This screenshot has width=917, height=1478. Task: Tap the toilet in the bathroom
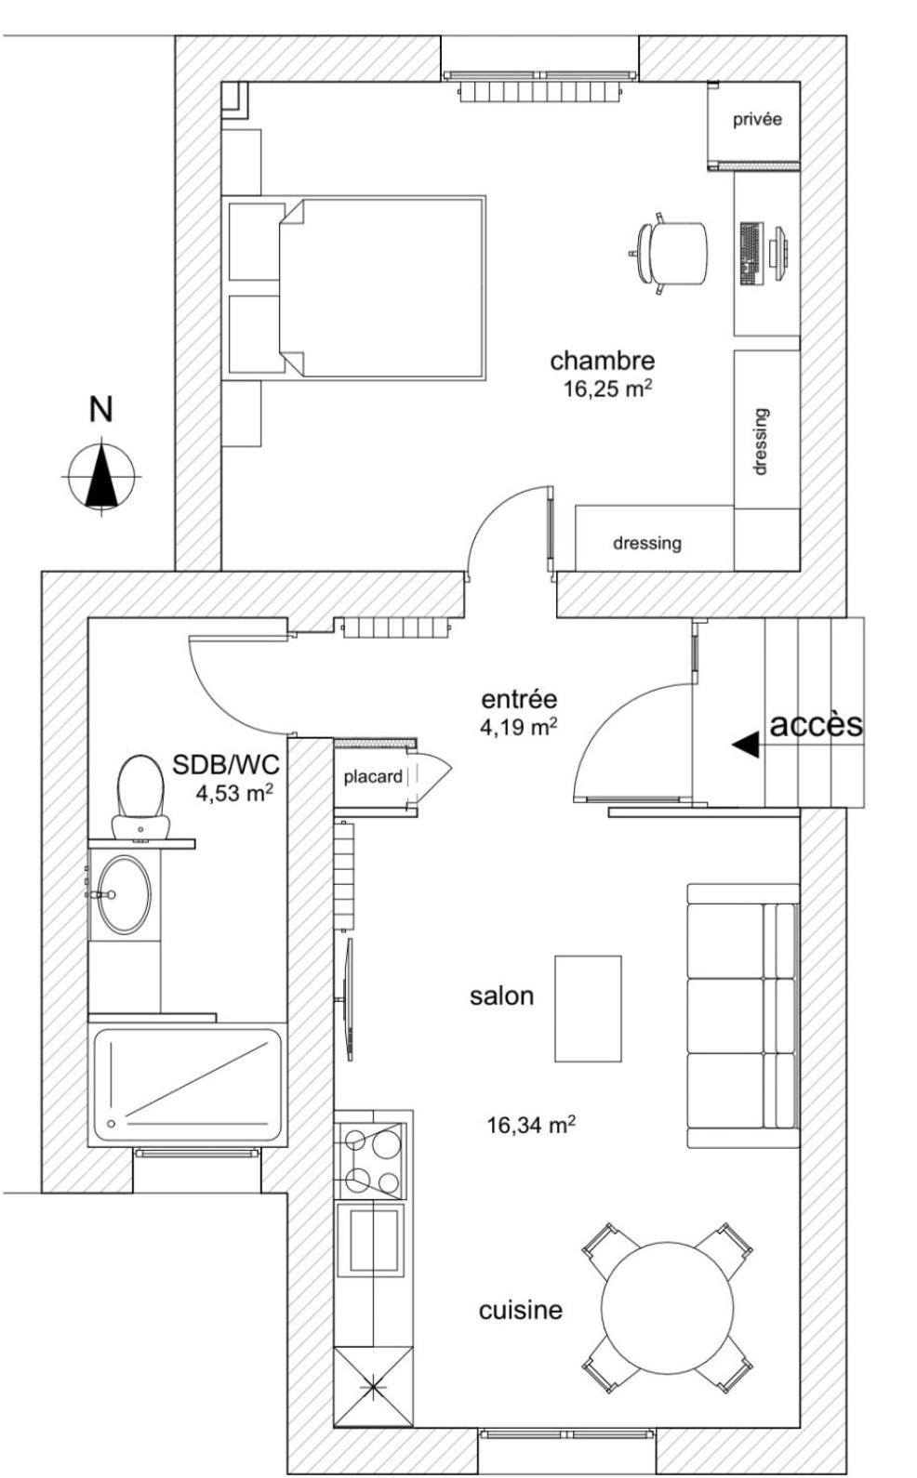(x=139, y=795)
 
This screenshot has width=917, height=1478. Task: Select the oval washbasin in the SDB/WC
(x=124, y=894)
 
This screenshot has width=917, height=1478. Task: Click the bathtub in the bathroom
(x=187, y=1086)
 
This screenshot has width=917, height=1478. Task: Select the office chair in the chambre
(x=672, y=253)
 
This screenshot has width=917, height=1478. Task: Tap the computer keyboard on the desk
(x=750, y=253)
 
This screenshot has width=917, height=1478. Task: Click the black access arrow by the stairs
(x=746, y=744)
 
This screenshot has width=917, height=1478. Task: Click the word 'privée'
(x=757, y=119)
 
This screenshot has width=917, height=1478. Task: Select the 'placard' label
(x=373, y=776)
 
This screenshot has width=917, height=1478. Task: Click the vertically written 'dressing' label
(x=761, y=442)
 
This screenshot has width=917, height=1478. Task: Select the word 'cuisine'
(x=521, y=1310)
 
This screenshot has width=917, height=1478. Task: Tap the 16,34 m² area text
(x=531, y=1125)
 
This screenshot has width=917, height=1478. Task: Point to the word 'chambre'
(x=602, y=360)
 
